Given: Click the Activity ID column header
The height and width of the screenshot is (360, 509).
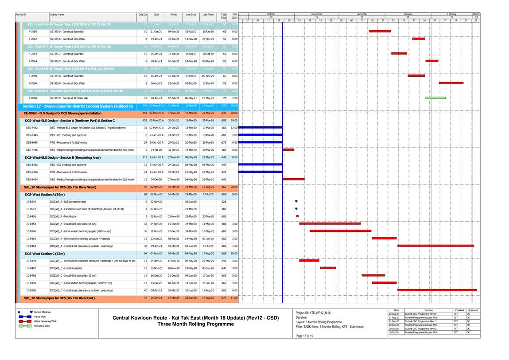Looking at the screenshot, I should click(21, 15).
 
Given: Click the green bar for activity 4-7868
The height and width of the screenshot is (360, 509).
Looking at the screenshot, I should click(435, 98).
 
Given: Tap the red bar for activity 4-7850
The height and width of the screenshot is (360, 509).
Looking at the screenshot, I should click(380, 31).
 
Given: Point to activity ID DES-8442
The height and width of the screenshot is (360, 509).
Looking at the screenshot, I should click(32, 127).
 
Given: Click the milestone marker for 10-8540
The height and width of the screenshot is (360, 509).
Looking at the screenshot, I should click(296, 202).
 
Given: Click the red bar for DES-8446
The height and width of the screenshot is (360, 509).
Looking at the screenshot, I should click(288, 149).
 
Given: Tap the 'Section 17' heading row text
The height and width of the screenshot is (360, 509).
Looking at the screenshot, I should click(78, 106).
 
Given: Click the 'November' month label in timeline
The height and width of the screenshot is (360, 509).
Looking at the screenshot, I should click(316, 14).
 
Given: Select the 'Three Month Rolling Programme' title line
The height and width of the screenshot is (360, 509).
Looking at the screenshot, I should click(195, 324).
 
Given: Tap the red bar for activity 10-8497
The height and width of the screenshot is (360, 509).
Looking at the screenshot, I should click(328, 268).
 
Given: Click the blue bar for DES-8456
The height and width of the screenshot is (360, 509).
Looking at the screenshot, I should click(260, 172).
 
